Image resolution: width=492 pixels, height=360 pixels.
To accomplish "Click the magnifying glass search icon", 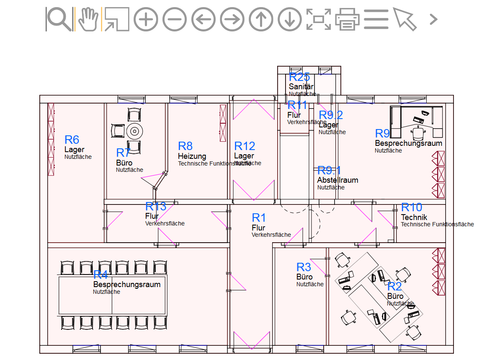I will [x=59, y=19].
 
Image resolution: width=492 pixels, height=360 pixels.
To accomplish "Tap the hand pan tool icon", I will [x=88, y=19].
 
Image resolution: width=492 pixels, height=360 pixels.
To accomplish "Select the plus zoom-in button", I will [x=146, y=19].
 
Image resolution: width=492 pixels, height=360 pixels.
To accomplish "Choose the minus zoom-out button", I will [x=175, y=19].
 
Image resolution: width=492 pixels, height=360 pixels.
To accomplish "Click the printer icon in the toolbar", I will [x=348, y=19].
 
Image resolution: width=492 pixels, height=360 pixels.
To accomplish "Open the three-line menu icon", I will [x=376, y=19].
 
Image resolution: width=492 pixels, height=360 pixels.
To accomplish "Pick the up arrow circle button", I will [x=261, y=19].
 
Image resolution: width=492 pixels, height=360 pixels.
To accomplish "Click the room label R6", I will [x=72, y=140].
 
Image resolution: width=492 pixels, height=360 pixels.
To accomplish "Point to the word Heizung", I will [x=192, y=156].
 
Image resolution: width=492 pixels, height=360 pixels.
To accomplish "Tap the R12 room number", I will [x=245, y=146].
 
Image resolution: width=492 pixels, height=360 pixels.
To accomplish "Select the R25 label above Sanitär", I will [x=299, y=77].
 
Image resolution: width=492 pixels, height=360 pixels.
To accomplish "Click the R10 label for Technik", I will [x=412, y=207].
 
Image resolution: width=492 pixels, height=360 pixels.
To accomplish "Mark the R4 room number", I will [x=100, y=275].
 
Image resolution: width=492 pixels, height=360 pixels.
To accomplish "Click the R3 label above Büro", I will [x=304, y=267].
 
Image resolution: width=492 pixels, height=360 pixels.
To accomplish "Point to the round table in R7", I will [x=134, y=131].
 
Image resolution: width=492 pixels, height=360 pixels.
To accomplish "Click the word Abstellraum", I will [x=337, y=180].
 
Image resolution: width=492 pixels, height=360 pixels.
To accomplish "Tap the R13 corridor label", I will [x=156, y=206].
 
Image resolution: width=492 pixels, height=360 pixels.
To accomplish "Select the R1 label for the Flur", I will [x=259, y=218].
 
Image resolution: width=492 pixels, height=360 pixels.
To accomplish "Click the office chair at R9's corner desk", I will [x=418, y=133].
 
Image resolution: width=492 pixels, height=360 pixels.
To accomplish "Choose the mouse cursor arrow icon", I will [x=404, y=19].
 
